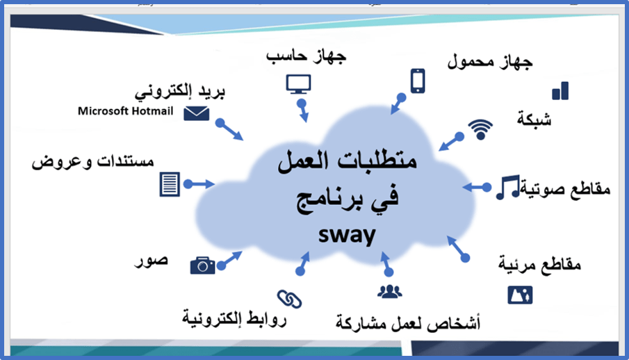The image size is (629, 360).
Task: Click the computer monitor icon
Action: point(298,84)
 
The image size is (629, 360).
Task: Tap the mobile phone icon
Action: point(418,81)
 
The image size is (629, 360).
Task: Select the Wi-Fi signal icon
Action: point(480,129)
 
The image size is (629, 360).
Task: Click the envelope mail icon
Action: point(197,113)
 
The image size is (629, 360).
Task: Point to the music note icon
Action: point(508,187)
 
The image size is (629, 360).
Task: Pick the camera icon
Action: point(202,265)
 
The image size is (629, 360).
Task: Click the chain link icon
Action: point(289,299)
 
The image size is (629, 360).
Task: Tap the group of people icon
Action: point(389,291)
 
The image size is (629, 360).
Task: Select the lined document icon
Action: point(170,184)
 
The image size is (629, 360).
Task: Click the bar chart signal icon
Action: point(560,91)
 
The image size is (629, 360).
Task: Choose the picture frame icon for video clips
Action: point(520,295)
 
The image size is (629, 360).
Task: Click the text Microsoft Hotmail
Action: point(126,111)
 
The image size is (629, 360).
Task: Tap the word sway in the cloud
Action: point(347,235)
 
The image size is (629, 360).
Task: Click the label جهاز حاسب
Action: point(306,56)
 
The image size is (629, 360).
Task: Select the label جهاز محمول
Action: point(490,61)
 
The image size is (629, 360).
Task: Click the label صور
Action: point(151,261)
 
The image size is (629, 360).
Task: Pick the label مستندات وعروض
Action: point(92,161)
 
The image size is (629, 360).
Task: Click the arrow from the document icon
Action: point(199,184)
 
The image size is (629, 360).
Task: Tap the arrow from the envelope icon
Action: point(229,129)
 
